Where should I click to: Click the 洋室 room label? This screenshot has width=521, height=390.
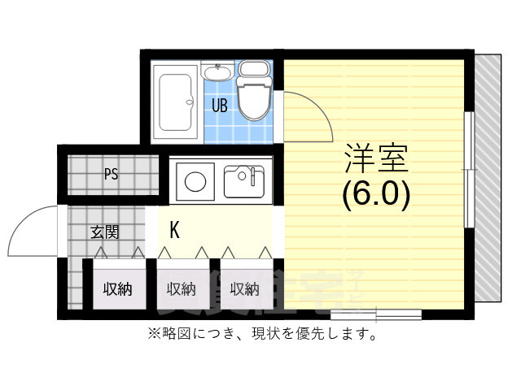(375, 158)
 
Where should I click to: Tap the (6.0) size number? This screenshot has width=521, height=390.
(375, 193)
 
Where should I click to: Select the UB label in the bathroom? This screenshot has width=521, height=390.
(220, 105)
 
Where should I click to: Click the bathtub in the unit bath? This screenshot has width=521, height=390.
(175, 103)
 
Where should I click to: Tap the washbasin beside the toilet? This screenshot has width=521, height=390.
(218, 73)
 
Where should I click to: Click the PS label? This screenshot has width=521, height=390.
(112, 172)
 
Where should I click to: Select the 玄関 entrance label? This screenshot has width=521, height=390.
(104, 232)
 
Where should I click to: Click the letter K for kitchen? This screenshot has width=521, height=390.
(174, 230)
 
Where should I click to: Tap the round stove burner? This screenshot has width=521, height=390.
(194, 181)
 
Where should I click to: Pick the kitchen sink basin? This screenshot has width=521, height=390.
(243, 180)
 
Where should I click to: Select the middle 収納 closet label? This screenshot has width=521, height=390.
(181, 288)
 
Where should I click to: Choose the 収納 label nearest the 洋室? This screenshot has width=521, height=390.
(244, 288)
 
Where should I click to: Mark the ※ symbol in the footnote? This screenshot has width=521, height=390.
(151, 334)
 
